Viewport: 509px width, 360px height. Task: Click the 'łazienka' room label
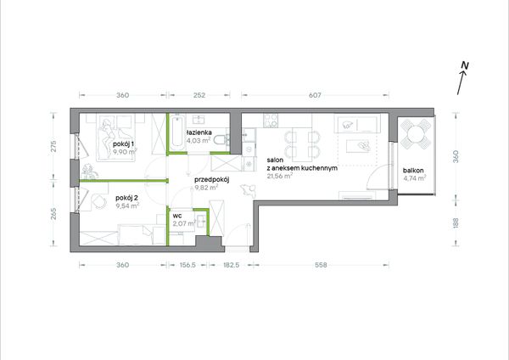click(x=199, y=132)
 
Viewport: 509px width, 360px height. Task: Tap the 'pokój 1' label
click(x=123, y=143)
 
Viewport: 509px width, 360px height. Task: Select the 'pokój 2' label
click(x=127, y=198)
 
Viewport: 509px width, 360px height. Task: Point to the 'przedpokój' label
click(x=211, y=180)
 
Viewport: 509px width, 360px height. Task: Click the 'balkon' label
click(x=413, y=171)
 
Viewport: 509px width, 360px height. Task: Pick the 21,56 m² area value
click(x=280, y=176)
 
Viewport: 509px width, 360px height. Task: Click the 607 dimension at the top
click(x=315, y=95)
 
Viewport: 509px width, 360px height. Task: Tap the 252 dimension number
click(x=199, y=95)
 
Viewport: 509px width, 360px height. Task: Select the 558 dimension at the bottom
click(x=321, y=265)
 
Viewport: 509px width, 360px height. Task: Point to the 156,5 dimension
click(x=187, y=265)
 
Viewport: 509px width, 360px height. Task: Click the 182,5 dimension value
click(x=231, y=265)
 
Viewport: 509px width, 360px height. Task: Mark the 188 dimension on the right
click(x=456, y=222)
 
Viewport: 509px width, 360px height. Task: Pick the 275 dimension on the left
click(x=54, y=146)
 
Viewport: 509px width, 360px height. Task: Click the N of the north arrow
click(x=465, y=65)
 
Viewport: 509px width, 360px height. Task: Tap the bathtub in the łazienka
click(x=178, y=132)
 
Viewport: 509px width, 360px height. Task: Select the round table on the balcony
click(x=417, y=133)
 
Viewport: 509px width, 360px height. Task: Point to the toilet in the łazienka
click(x=221, y=141)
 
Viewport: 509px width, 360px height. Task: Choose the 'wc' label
click(x=177, y=216)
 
